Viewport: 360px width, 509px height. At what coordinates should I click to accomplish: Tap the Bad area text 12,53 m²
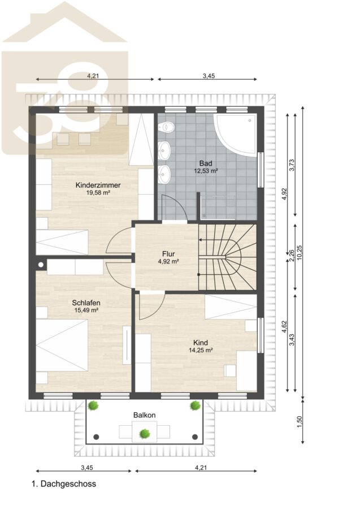(x=206, y=171)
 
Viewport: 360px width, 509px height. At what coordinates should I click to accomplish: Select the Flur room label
(x=168, y=254)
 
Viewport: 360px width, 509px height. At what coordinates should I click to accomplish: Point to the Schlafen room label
(x=86, y=303)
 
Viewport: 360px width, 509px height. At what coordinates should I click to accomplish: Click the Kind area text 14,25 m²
(x=201, y=350)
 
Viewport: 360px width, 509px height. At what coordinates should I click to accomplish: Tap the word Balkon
(x=144, y=415)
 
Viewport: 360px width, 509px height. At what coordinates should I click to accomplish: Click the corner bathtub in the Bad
(x=237, y=135)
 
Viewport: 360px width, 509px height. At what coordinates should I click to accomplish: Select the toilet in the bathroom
(x=165, y=127)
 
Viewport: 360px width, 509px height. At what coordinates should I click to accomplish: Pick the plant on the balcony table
(x=145, y=433)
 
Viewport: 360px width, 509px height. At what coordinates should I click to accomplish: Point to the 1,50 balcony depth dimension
(x=300, y=422)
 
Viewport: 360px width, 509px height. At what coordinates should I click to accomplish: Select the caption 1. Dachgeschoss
(x=64, y=484)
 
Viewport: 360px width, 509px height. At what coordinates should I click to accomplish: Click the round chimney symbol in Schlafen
(x=41, y=265)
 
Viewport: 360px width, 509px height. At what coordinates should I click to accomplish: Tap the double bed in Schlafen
(x=62, y=346)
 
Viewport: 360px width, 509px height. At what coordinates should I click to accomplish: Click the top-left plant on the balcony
(x=93, y=406)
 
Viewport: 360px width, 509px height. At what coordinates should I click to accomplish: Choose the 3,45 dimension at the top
(x=209, y=76)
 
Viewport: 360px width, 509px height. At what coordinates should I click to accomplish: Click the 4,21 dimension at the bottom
(x=201, y=468)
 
